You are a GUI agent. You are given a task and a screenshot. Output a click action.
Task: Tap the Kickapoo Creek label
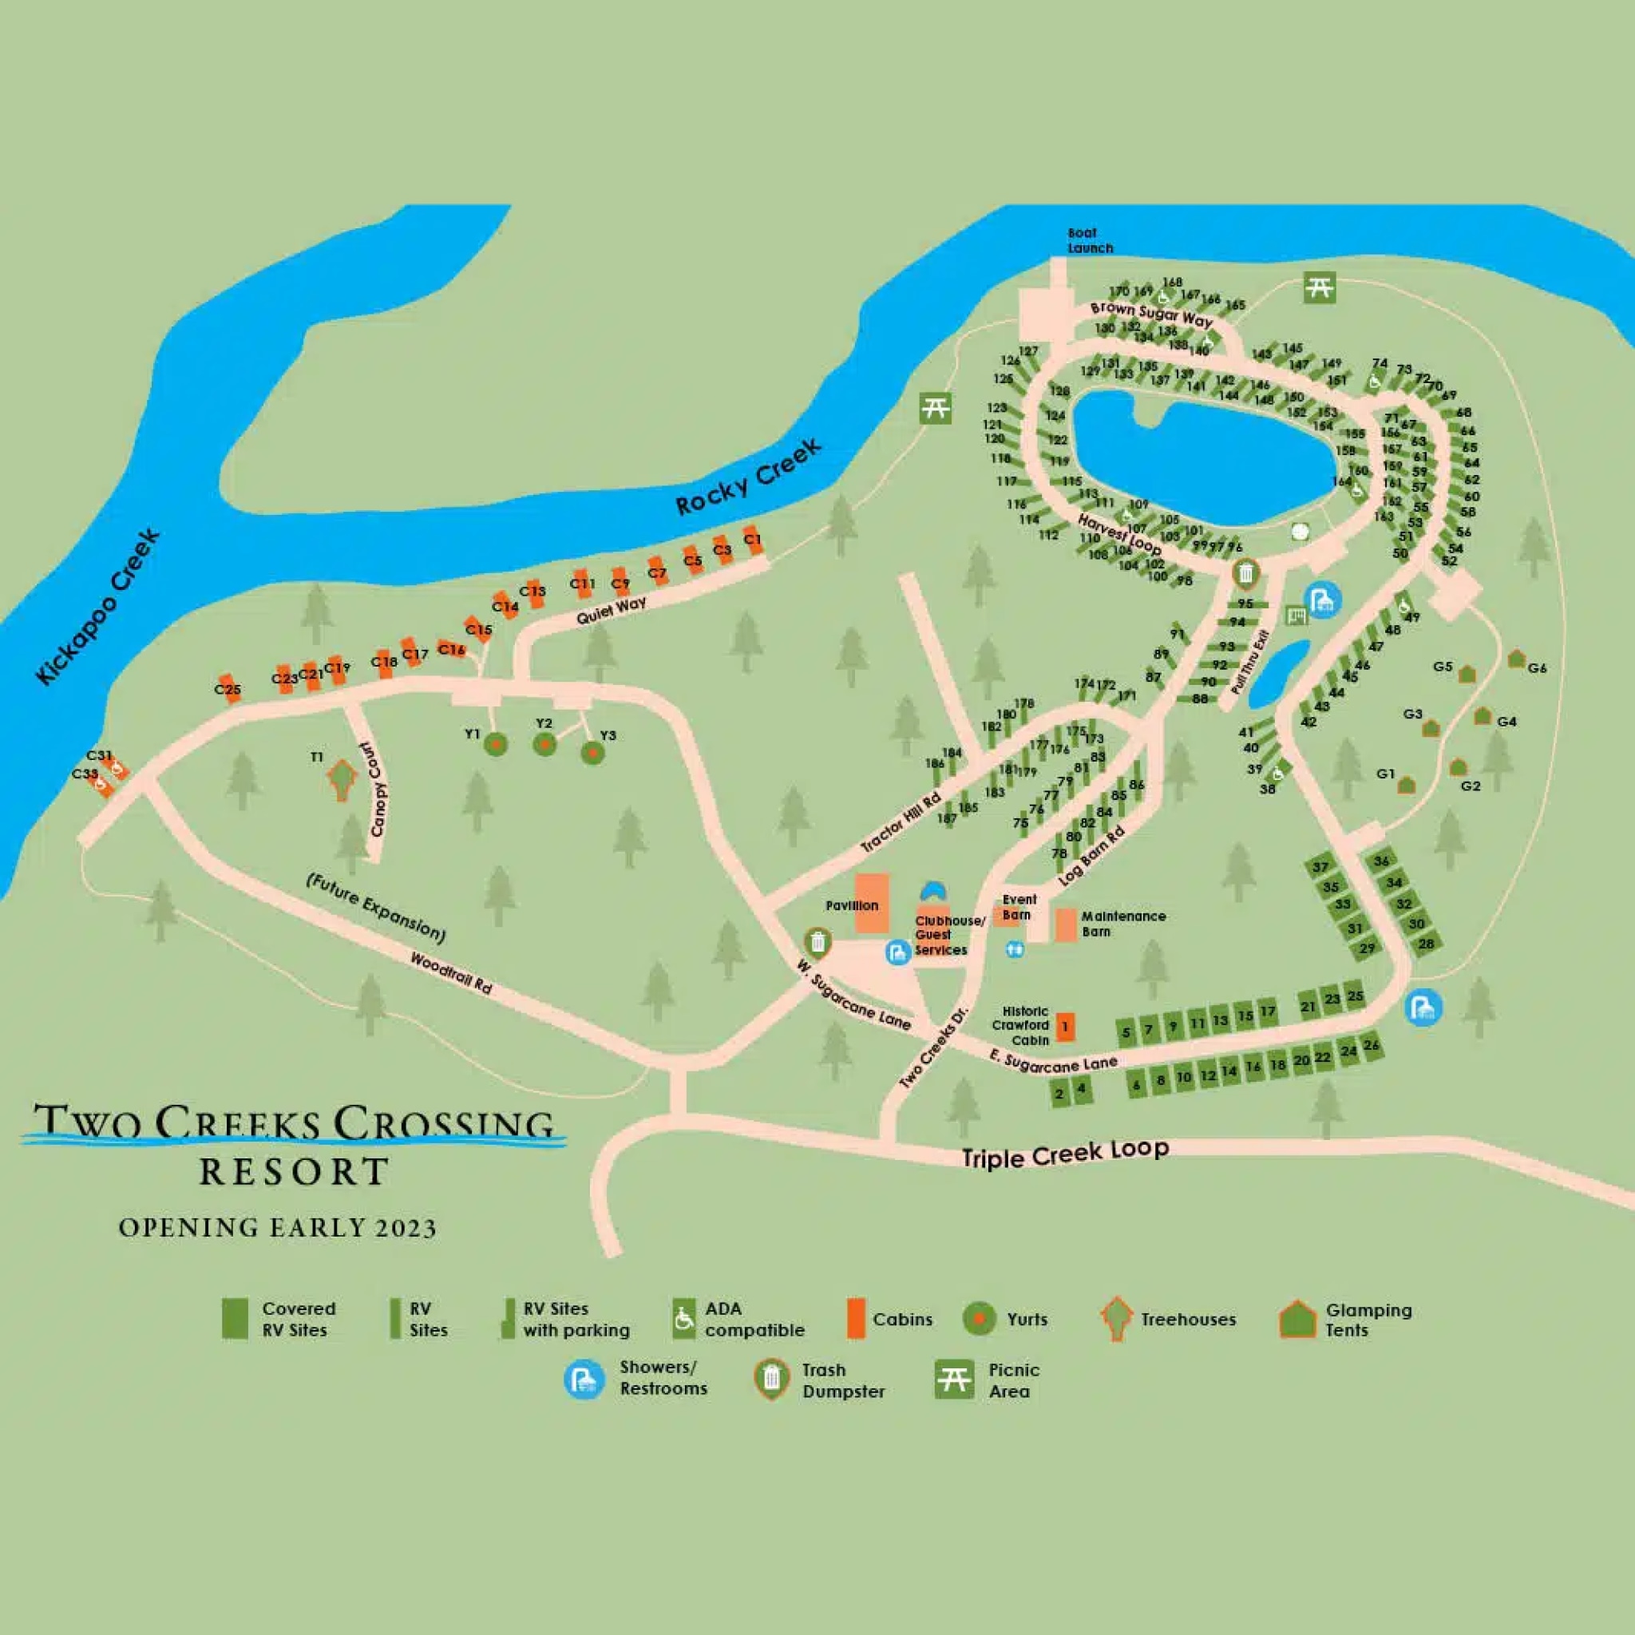coord(98,606)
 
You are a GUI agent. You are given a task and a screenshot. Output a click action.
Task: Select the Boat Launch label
coord(1089,240)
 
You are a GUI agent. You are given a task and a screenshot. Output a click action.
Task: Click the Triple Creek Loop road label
coord(1065,1154)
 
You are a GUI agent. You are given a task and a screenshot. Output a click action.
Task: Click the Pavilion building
coord(872,904)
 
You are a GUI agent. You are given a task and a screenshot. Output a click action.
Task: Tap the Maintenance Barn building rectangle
coord(1066,925)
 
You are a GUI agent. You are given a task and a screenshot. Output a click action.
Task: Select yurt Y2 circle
coord(545,745)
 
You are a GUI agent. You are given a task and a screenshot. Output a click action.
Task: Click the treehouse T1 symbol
coord(342,778)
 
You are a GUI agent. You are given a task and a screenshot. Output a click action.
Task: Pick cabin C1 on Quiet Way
coord(753,540)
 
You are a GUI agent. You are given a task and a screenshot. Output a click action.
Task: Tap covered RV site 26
coord(1371,1046)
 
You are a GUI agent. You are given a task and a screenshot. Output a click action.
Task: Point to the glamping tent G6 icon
coord(1517,659)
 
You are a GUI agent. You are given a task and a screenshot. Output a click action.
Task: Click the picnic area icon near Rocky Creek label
coord(935,408)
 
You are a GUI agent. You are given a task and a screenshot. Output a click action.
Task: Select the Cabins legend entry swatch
coord(856,1320)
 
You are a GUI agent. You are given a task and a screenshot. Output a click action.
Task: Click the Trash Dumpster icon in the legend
coord(772,1380)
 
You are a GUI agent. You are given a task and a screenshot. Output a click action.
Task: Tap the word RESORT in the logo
coord(294,1172)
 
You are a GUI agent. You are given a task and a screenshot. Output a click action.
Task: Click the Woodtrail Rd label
coord(450,973)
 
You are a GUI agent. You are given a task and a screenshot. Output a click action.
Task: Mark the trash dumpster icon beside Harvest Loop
coord(1245,575)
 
